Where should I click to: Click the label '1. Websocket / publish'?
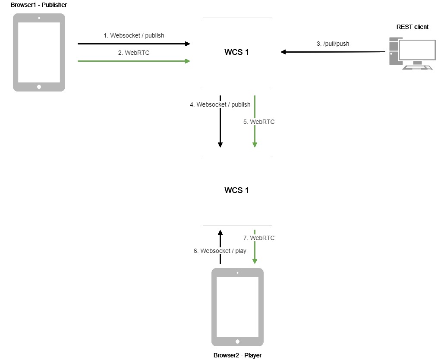click(x=134, y=35)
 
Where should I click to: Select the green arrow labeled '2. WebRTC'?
click(x=134, y=61)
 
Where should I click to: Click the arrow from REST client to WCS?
click(x=333, y=52)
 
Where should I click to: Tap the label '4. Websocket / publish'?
click(x=220, y=104)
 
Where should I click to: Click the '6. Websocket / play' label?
click(x=220, y=251)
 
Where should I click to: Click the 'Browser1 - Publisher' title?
click(x=39, y=4)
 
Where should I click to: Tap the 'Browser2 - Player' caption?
click(x=237, y=355)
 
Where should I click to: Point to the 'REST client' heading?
click(x=413, y=27)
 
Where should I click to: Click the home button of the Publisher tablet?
click(x=39, y=87)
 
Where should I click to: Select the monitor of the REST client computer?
click(x=417, y=49)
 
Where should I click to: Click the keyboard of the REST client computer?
click(x=417, y=67)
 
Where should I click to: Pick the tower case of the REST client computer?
click(x=394, y=51)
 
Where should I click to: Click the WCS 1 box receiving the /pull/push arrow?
click(x=237, y=52)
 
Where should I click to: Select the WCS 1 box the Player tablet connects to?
click(x=237, y=190)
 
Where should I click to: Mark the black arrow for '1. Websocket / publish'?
click(x=134, y=44)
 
